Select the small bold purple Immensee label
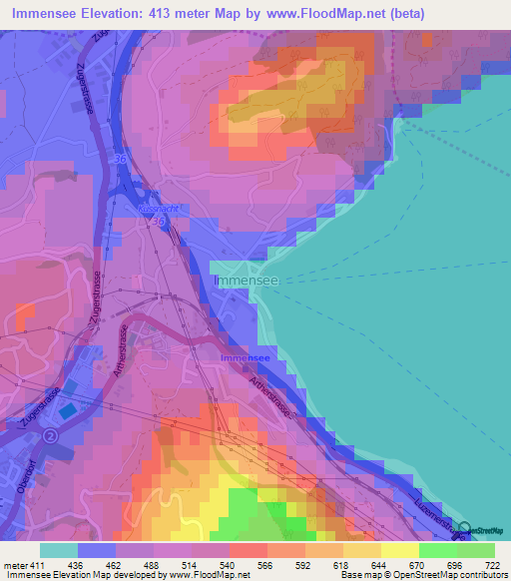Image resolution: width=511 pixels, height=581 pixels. pyautogui.click(x=244, y=356)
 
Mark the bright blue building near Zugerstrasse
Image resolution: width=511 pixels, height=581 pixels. pyautogui.click(x=67, y=410)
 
